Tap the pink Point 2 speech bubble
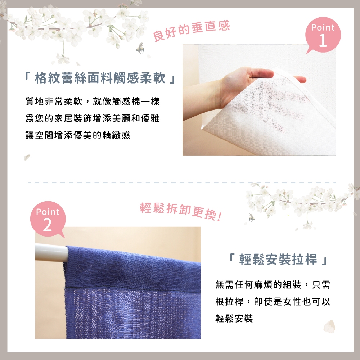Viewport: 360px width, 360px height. coord(48,219)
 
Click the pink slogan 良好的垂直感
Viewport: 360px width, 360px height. coord(191,31)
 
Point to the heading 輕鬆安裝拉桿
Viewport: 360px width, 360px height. coord(278,260)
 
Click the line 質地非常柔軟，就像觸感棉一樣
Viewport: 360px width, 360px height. coord(92,102)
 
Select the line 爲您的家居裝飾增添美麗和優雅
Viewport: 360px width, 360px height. coord(92,118)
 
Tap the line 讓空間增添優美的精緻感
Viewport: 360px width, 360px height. coord(78,135)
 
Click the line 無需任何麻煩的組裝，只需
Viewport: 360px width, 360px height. coord(273,284)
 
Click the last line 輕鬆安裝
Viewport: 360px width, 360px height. coord(234,319)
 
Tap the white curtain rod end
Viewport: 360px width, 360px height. coord(50,251)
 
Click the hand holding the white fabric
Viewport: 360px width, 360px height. coord(245,81)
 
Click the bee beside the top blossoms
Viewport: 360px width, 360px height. coord(140,49)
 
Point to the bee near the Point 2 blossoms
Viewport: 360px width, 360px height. coord(251,217)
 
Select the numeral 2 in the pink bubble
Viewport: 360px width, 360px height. coord(47,225)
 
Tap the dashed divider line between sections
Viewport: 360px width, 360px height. coord(180,183)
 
